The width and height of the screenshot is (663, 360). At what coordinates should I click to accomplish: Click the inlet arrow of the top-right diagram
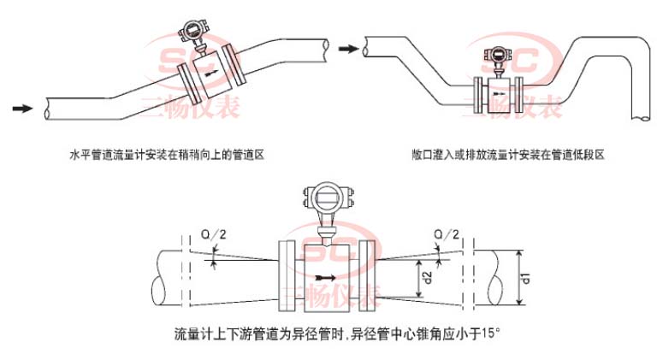click(x=346, y=50)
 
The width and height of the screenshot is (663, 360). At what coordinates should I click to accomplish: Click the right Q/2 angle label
click(x=447, y=233)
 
